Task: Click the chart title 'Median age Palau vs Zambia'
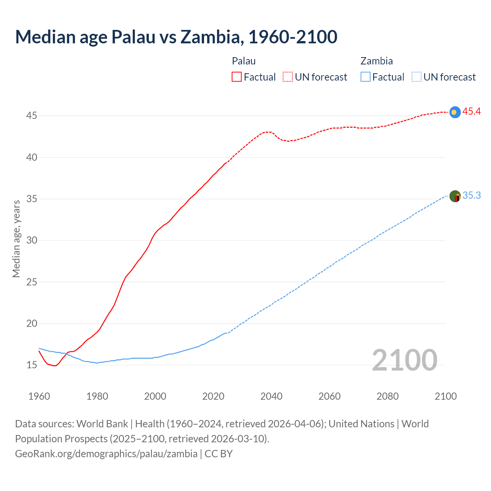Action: click(176, 37)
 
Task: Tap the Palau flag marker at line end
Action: click(455, 112)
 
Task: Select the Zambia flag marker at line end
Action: click(455, 196)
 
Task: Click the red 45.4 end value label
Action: click(471, 112)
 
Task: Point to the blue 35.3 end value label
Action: click(471, 196)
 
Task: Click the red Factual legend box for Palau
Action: click(237, 77)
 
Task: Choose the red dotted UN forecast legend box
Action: click(288, 77)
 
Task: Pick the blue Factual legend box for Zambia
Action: click(366, 77)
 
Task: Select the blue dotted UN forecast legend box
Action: click(416, 77)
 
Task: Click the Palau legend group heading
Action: click(244, 61)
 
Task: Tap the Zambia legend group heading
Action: click(376, 61)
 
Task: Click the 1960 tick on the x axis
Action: click(39, 396)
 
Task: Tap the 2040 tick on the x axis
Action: click(271, 396)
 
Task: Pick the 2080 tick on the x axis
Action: click(387, 396)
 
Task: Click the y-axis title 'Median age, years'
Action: click(16, 239)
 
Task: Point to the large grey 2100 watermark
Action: click(404, 360)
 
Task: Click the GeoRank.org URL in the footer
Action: click(106, 454)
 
